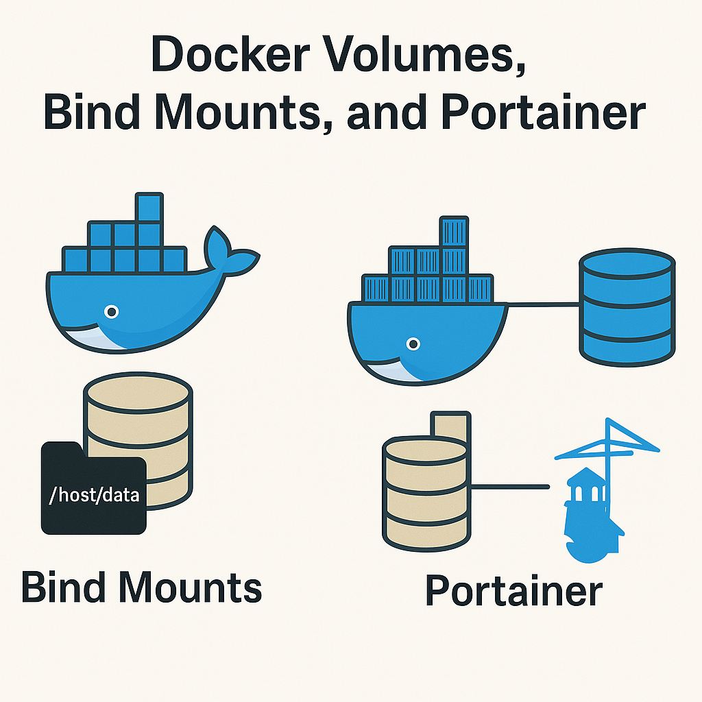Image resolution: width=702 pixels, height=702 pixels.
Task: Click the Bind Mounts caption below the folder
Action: pos(141,588)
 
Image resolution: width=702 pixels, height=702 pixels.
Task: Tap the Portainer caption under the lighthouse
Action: pos(513,591)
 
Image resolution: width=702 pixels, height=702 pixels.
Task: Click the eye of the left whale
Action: pos(111,313)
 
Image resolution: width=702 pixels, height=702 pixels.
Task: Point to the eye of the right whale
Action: pos(412,343)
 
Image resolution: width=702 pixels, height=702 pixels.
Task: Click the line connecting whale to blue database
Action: pos(543,305)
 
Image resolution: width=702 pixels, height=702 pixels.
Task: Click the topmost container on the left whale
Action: pos(149,206)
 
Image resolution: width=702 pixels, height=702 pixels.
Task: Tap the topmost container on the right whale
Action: pos(453,232)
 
